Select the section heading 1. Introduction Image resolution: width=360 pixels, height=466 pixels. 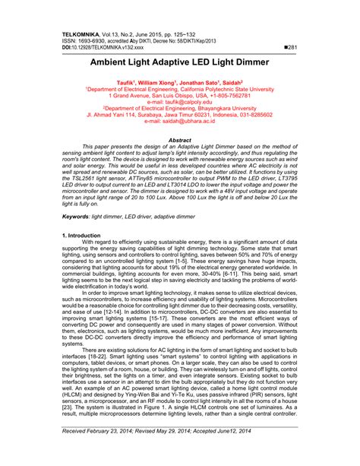80,236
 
